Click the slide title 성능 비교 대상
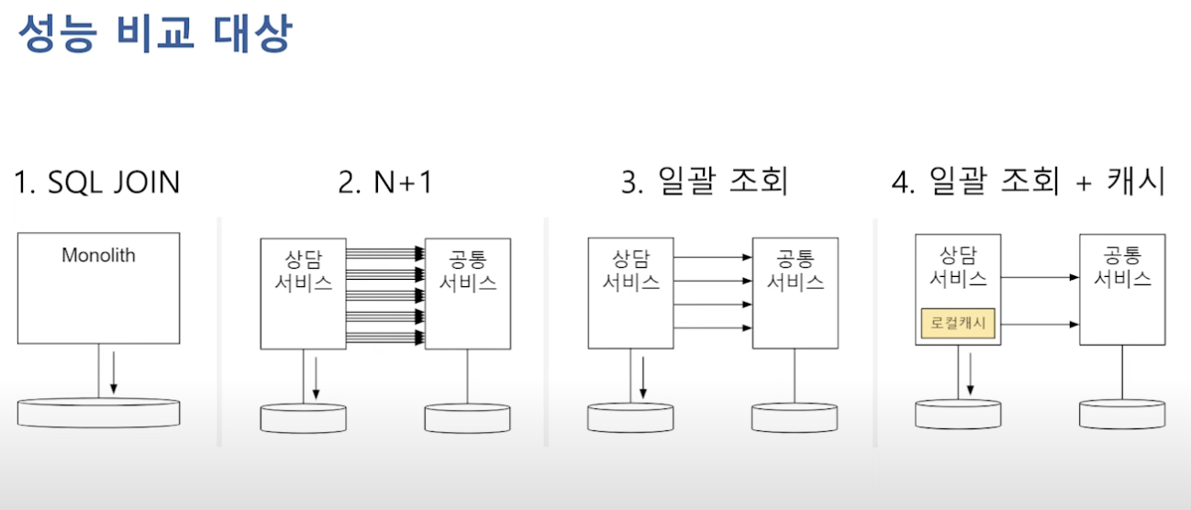tap(154, 34)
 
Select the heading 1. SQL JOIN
tap(97, 183)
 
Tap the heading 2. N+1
tap(384, 183)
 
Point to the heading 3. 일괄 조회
tap(704, 183)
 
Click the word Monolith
tap(98, 255)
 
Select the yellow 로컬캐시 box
tap(958, 323)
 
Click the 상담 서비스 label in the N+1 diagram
tap(303, 269)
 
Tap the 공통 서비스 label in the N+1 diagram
tap(468, 270)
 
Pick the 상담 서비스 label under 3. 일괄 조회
tap(630, 269)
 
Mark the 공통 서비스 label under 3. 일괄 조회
tap(795, 270)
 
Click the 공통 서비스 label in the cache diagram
tap(1121, 266)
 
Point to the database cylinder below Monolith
tap(98, 413)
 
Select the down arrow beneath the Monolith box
tap(113, 372)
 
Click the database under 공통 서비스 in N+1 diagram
tap(467, 418)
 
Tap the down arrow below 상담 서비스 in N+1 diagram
tap(315, 378)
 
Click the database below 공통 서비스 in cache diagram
tap(1121, 414)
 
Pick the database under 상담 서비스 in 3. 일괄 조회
tap(630, 417)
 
